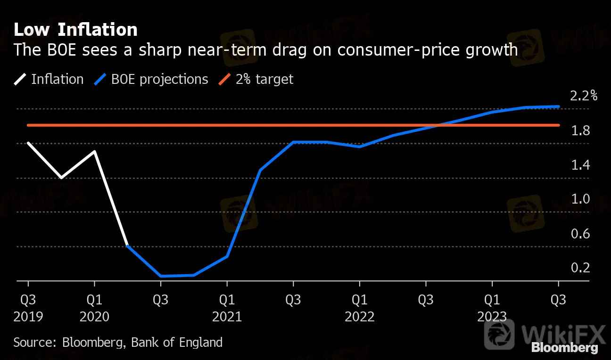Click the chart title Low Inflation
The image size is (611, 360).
pos(75,30)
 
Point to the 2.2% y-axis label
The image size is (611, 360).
pos(583,96)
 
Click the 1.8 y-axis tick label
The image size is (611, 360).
pos(580,131)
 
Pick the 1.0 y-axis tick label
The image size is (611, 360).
pos(580,199)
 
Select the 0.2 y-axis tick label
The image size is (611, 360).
pos(580,268)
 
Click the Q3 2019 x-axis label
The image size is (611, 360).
pos(28,308)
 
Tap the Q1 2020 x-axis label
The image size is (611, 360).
pos(95,308)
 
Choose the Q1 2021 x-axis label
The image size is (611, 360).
pos(227,308)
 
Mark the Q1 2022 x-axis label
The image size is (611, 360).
pos(360,308)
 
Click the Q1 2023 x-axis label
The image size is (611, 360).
pos(492,308)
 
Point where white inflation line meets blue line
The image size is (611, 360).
pos(128,246)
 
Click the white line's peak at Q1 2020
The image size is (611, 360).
pos(95,152)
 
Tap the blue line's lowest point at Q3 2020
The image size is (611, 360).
pos(161,276)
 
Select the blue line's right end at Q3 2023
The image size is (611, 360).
pos(559,106)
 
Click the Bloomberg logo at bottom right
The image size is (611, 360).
pos(564,348)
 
